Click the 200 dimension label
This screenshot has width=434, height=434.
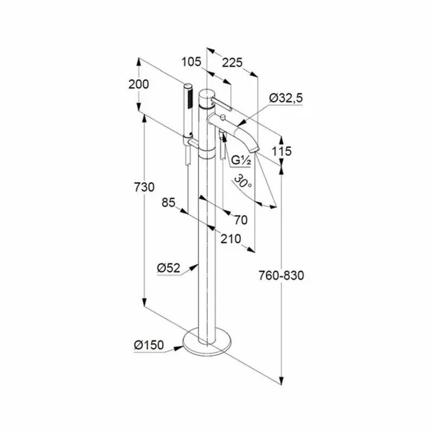pos(138,84)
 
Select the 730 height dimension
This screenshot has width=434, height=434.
pos(145,187)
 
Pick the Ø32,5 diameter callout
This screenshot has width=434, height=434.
pos(286,98)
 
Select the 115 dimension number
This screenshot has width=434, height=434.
pos(282,151)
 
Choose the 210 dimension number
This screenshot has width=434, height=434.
pos(232,237)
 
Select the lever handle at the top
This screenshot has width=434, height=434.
pos(224,105)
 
